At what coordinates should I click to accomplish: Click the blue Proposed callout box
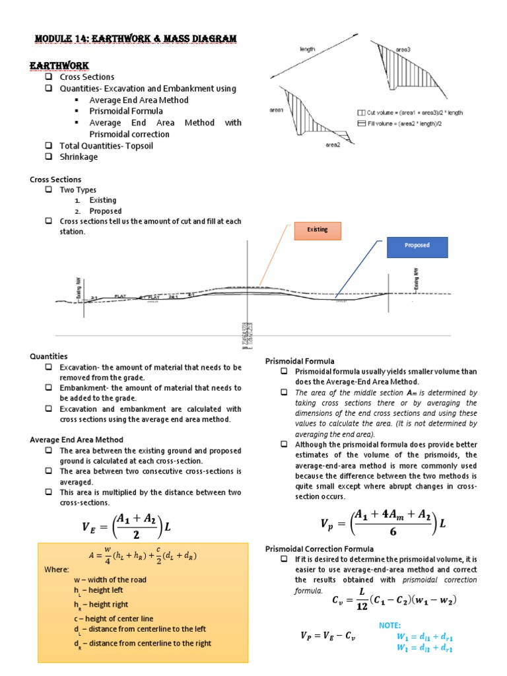pyautogui.click(x=417, y=246)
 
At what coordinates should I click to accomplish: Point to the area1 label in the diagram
pyautogui.click(x=277, y=110)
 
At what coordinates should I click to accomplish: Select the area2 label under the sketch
pyautogui.click(x=333, y=143)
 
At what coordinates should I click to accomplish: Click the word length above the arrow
pyautogui.click(x=308, y=49)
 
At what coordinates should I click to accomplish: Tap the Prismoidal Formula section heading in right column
pyautogui.click(x=300, y=361)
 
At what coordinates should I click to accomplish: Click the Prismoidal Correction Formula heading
pyautogui.click(x=320, y=549)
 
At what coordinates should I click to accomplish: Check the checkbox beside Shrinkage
pyautogui.click(x=49, y=157)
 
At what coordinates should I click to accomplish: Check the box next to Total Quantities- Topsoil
pyautogui.click(x=49, y=146)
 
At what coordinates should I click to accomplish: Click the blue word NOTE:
pyautogui.click(x=389, y=625)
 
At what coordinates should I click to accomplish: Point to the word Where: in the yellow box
pyautogui.click(x=57, y=568)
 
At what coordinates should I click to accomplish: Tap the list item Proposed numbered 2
pyautogui.click(x=105, y=211)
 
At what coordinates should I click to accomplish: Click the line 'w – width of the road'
pyautogui.click(x=110, y=580)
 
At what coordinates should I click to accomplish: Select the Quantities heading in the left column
pyautogui.click(x=49, y=356)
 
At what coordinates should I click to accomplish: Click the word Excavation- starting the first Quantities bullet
pyautogui.click(x=78, y=367)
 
